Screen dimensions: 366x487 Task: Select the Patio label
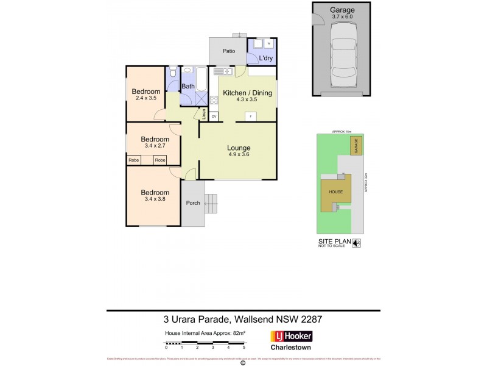228,51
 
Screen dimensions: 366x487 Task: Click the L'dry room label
265,58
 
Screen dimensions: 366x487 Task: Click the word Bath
188,87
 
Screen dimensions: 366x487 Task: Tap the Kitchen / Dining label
247,93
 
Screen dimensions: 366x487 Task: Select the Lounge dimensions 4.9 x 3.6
239,155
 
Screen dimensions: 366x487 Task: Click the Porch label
193,203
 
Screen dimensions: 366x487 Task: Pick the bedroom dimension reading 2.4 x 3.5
146,98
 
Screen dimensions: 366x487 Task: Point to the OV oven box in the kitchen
214,116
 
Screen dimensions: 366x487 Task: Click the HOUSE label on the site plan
336,191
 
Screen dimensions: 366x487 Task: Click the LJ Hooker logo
291,336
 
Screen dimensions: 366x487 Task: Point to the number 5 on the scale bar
243,346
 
